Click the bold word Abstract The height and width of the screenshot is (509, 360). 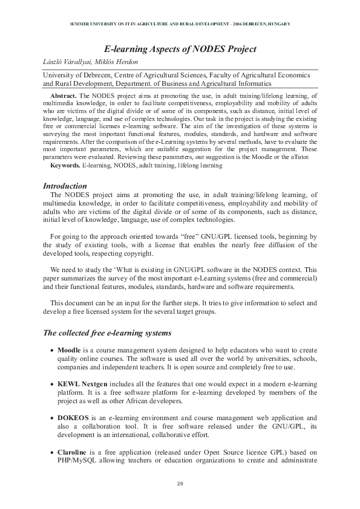64,96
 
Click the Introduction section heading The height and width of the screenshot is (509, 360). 65,186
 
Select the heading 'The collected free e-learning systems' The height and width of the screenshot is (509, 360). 108,333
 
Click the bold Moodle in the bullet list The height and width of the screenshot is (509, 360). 69,350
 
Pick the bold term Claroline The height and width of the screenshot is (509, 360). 74,452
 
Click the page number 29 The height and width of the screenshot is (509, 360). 180,484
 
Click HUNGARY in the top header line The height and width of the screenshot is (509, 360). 277,24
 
